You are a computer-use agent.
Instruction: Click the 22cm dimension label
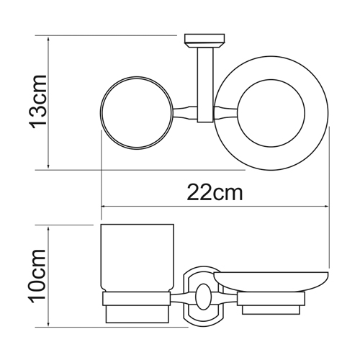point(215,192)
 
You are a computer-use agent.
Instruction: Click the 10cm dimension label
point(37,274)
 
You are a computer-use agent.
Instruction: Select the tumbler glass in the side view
point(138,258)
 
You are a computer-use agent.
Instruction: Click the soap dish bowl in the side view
point(271,282)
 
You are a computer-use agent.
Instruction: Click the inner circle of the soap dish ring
point(271,79)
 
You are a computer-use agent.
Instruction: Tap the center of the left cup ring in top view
point(136,113)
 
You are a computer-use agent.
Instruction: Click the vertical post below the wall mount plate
point(205,84)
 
